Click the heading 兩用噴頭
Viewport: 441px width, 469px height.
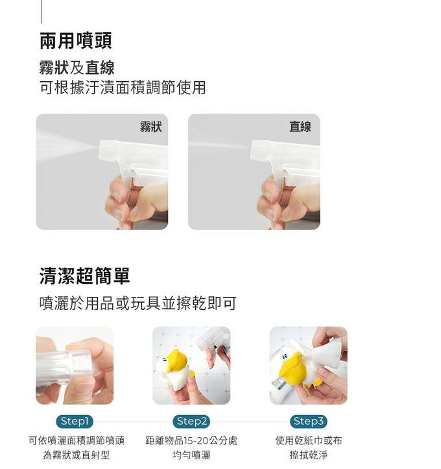(76, 41)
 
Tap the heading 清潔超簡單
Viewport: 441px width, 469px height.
(85, 276)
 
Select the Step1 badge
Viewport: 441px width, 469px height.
(75, 422)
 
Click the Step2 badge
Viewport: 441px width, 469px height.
(191, 422)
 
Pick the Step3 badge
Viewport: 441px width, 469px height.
(309, 422)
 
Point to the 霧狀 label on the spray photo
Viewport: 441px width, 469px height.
(150, 127)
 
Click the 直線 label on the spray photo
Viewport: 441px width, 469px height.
(300, 127)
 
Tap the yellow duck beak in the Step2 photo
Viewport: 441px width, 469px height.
(176, 361)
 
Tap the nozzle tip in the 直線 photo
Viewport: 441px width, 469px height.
(252, 147)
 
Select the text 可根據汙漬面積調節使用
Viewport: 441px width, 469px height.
(123, 87)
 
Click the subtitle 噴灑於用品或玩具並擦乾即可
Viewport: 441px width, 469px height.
(138, 303)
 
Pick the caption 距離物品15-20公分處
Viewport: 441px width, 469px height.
(191, 440)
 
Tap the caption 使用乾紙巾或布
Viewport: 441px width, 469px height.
(309, 440)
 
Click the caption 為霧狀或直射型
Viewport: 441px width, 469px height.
(76, 455)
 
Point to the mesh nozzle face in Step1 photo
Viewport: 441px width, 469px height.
(80, 362)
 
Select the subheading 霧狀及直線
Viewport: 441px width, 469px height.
(77, 68)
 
